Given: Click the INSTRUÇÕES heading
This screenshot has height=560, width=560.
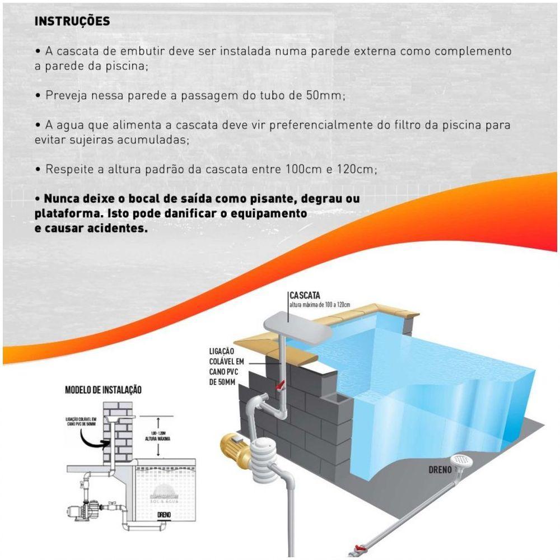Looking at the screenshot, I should point(72,21).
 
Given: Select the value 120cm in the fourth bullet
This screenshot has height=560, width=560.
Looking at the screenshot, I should point(357,169).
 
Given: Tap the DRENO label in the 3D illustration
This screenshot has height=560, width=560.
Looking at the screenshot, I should point(441,470).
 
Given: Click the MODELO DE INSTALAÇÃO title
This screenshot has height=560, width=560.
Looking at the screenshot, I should point(103,390).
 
